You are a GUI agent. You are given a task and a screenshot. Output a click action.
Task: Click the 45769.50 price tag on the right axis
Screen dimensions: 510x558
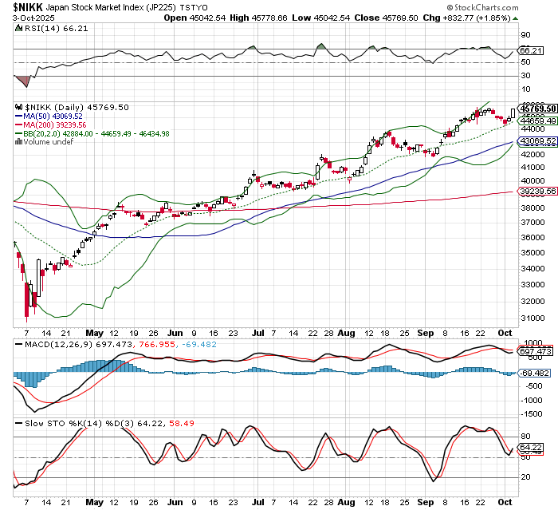click(x=536, y=108)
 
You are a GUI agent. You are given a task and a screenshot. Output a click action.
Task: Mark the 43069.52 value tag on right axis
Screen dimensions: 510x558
click(x=536, y=141)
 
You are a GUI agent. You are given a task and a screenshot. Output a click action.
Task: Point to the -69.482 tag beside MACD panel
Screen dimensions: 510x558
click(x=535, y=372)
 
